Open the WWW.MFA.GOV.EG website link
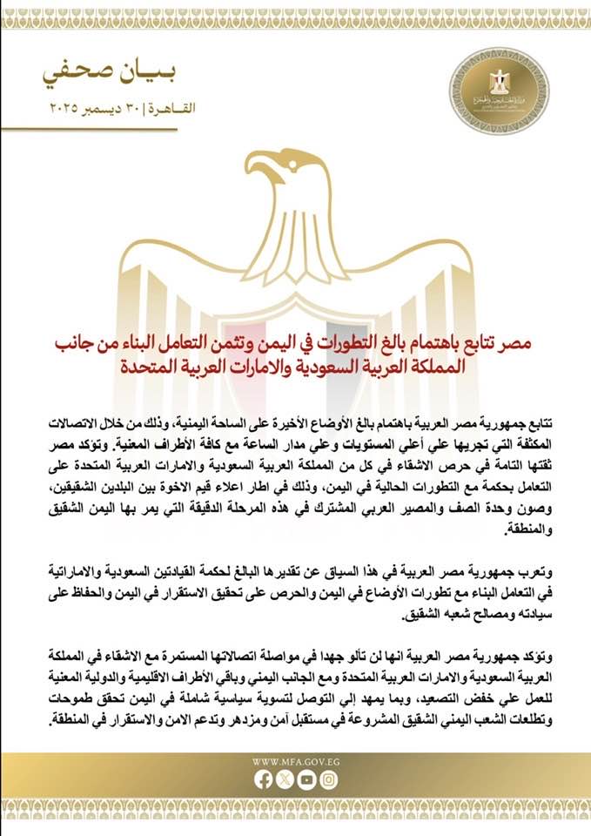[x=295, y=761]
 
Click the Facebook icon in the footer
[x=264, y=780]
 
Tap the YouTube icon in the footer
[x=306, y=780]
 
